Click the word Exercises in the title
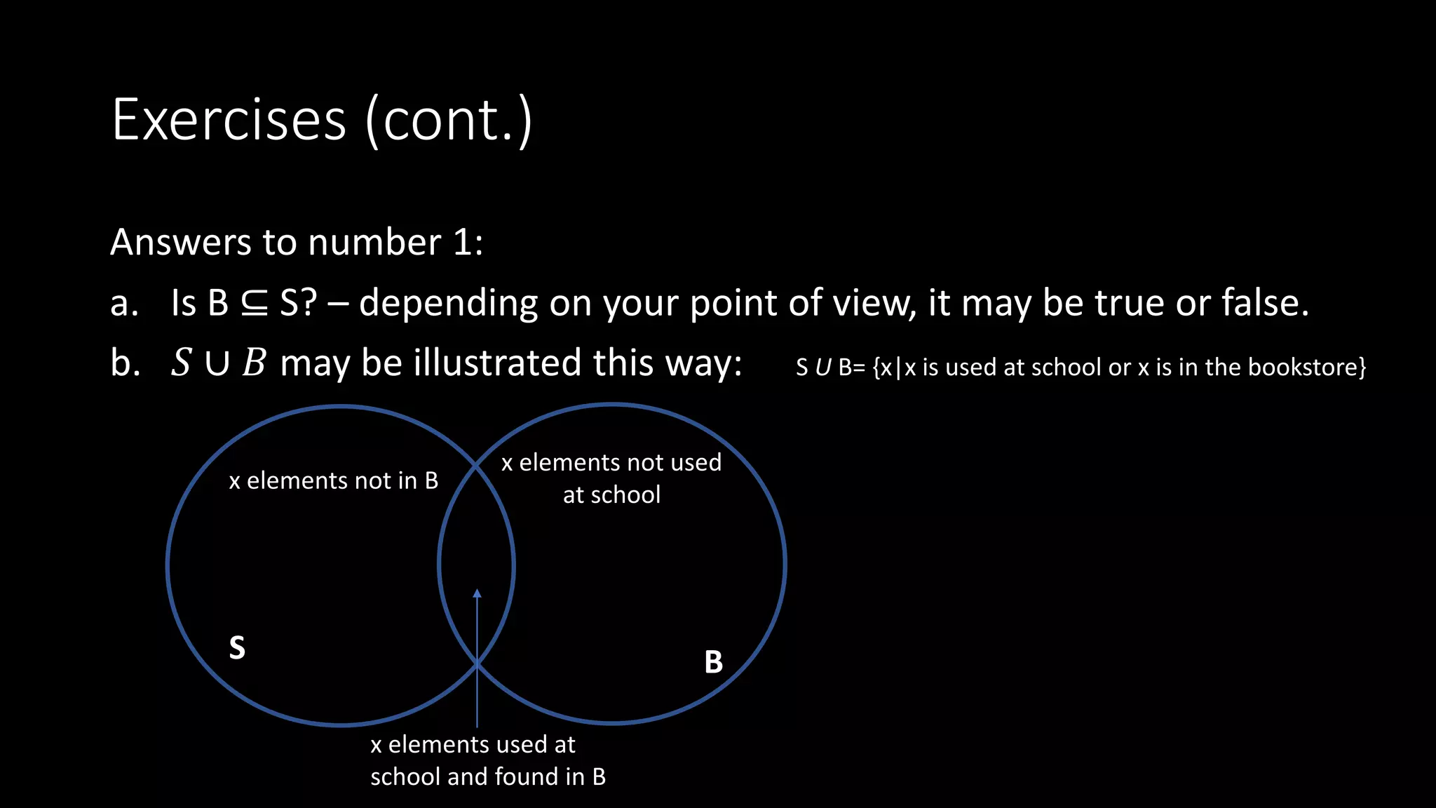click(229, 120)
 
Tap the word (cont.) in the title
click(449, 121)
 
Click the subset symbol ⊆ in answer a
click(254, 304)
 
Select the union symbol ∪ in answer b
click(217, 364)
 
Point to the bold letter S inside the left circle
click(237, 647)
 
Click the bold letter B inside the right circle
click(713, 662)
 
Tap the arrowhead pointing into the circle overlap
click(477, 594)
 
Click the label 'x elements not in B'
click(333, 480)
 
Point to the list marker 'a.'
click(124, 304)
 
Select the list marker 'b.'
click(125, 363)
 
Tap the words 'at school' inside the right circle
click(611, 495)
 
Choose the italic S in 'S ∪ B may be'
click(181, 363)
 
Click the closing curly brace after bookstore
click(1362, 367)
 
